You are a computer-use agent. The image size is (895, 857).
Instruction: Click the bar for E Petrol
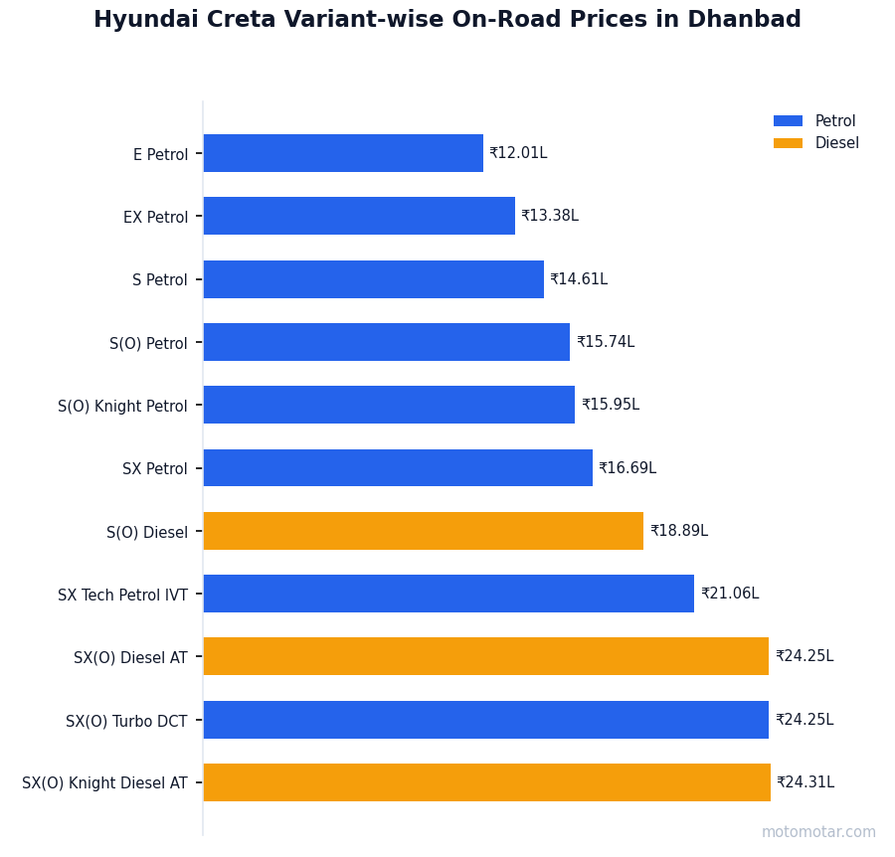coord(343,153)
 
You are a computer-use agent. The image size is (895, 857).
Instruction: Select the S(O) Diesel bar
coord(424,531)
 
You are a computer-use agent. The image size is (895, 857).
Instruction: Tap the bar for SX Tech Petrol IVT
coord(448,594)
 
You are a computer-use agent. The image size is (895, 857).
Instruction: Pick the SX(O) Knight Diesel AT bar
coord(486,782)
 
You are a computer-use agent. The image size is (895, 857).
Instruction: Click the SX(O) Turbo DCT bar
coord(485,720)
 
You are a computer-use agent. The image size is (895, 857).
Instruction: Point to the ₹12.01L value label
coord(518,153)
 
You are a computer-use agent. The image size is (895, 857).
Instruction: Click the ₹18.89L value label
coord(679,531)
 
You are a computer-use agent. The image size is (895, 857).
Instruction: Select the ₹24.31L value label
coord(805,782)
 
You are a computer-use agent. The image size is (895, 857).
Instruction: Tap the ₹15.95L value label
coord(611,405)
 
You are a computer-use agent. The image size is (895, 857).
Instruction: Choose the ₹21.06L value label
coord(730,594)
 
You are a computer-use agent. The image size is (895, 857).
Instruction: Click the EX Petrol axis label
coord(155,218)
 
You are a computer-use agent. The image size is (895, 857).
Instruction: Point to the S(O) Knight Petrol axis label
coord(122,407)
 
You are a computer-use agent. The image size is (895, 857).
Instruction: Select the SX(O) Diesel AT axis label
coord(130,658)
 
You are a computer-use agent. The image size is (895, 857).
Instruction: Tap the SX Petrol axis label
coord(154,469)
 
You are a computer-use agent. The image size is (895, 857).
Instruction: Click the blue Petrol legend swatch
coord(788,121)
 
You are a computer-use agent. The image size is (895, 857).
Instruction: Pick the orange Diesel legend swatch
coord(788,143)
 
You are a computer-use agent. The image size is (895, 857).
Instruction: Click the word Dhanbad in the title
coord(751,20)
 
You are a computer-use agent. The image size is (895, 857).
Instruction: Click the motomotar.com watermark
coord(818,832)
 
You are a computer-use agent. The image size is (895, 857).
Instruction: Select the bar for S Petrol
coord(373,279)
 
